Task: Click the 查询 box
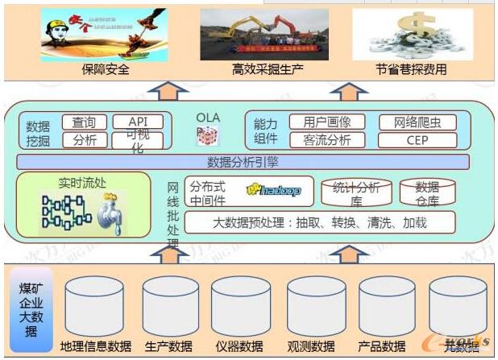pos(84,122)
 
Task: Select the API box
pos(137,122)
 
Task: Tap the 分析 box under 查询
pos(84,140)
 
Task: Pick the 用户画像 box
pos(326,122)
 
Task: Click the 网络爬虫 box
pos(417,122)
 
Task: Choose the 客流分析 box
pos(326,140)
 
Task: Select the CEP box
pos(417,140)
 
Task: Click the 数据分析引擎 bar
pos(242,161)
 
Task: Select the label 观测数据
pos(310,346)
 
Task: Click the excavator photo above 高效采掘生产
pos(264,34)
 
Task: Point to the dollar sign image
pos(400,34)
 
